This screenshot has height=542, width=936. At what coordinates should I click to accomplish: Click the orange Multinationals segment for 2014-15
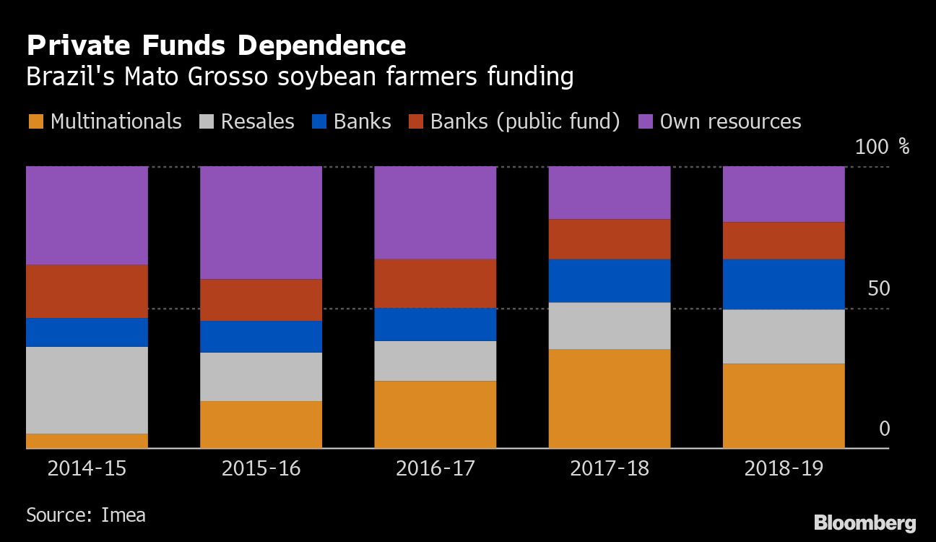coord(87,441)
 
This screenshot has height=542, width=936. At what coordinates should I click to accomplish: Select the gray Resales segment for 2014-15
coord(87,390)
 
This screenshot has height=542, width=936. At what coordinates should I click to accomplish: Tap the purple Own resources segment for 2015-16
coord(261,223)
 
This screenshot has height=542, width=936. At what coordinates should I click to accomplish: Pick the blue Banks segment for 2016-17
coord(435,324)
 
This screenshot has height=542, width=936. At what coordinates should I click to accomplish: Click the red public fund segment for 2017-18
coord(609,239)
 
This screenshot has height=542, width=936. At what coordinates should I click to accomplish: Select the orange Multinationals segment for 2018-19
coord(784,405)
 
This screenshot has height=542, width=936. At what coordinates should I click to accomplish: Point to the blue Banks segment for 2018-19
coord(784,284)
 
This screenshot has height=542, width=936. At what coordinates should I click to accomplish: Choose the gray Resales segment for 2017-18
coord(609,326)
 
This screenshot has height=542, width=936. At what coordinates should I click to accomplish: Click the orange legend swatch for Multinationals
coord(35,121)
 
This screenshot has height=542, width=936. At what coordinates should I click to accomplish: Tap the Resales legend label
coord(257,121)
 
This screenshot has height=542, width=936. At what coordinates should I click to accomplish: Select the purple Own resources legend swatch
coord(646,121)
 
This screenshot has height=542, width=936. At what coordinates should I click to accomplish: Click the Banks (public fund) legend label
coord(525,121)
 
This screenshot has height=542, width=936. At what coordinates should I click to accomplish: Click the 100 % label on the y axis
coord(882,147)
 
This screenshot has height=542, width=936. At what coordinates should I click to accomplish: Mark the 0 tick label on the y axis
coord(884,429)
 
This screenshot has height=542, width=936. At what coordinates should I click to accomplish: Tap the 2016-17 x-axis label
coord(435,468)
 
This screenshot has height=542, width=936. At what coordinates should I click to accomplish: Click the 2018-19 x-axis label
coord(784,468)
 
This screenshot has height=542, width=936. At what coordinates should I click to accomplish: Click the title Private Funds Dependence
coord(216,46)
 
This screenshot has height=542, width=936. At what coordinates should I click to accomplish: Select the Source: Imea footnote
coord(86,515)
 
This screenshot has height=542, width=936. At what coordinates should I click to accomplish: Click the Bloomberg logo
coord(864,523)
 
